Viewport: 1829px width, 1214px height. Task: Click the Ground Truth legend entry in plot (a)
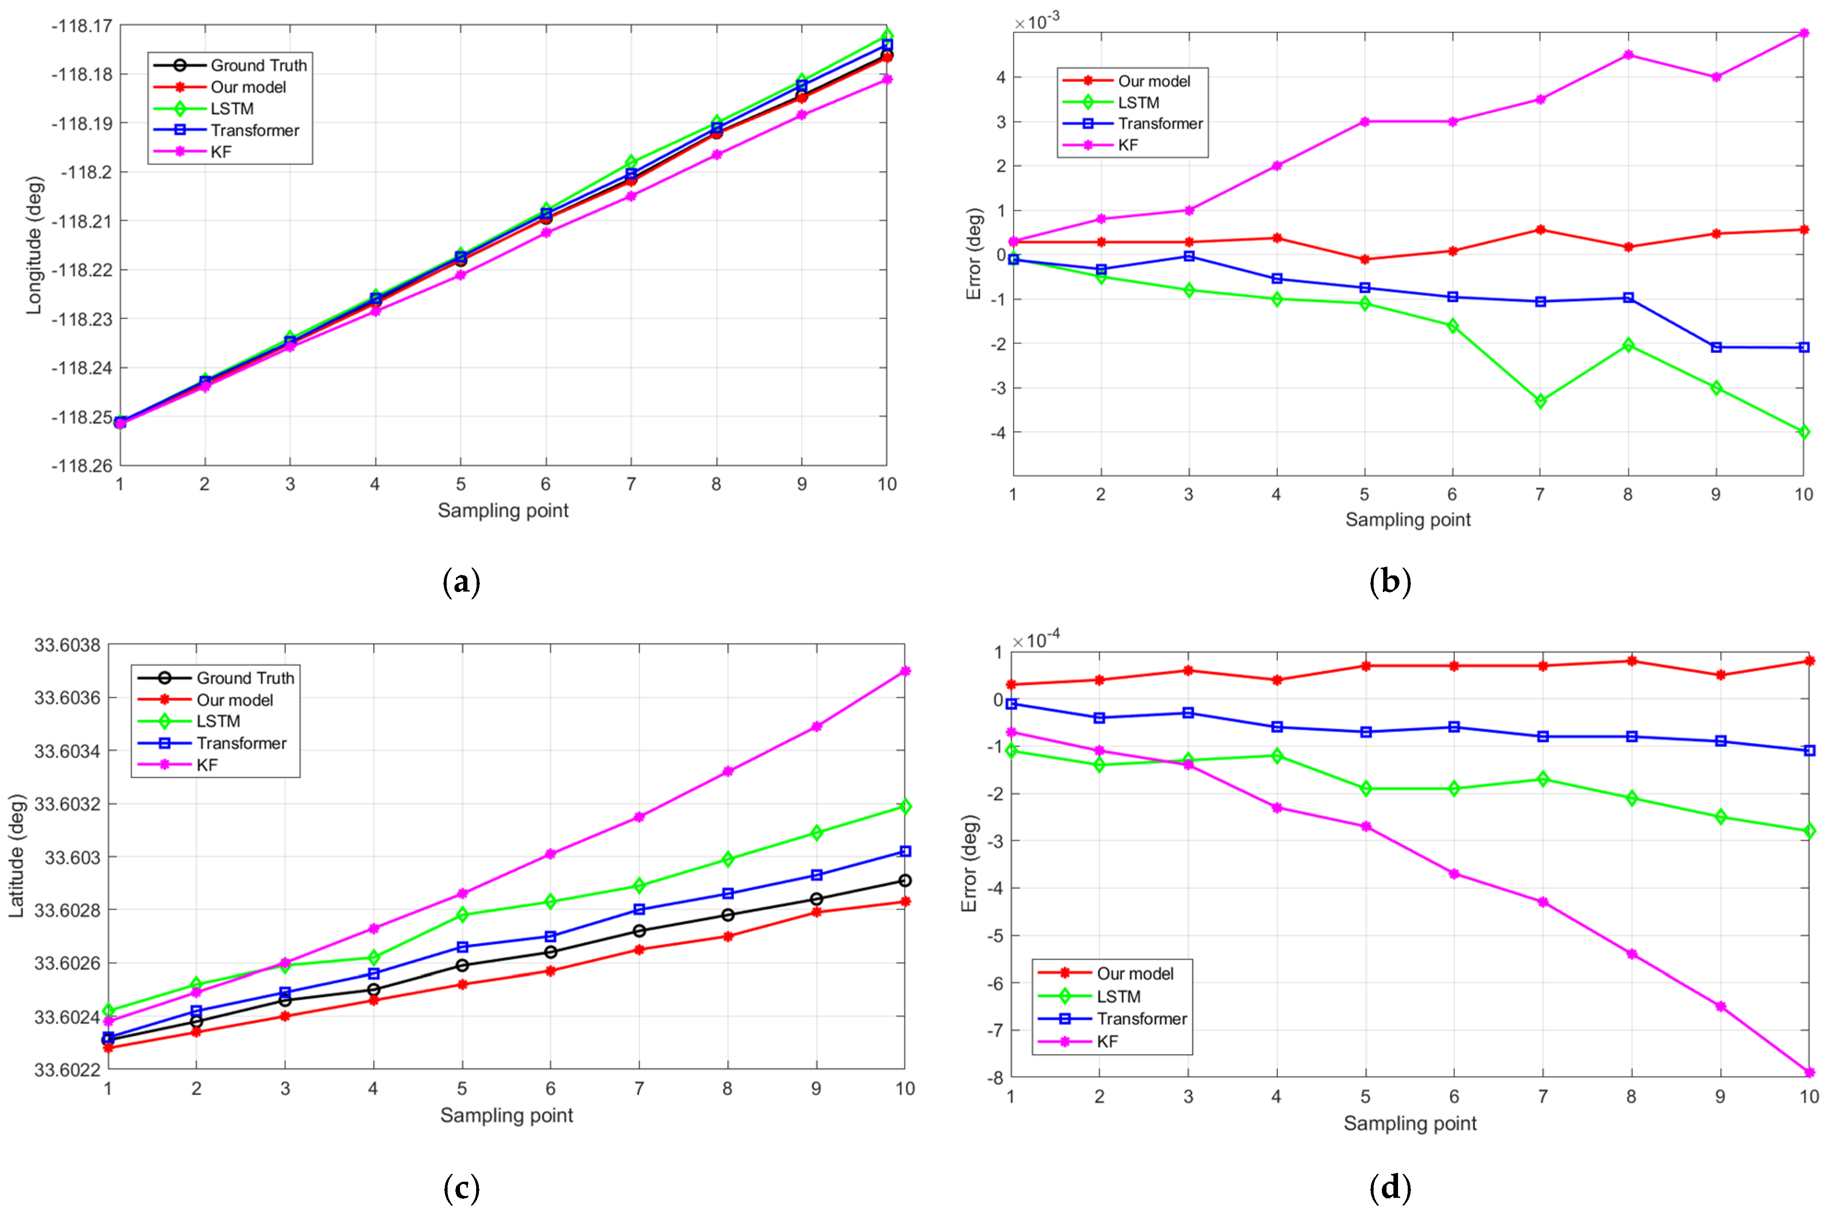coord(258,65)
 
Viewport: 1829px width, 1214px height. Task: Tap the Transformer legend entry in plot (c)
coord(241,743)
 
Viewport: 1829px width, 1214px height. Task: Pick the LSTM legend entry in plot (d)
coord(1118,996)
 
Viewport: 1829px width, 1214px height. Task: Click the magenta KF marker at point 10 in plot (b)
coord(1804,33)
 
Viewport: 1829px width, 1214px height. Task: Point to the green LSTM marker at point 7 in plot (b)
coord(1540,401)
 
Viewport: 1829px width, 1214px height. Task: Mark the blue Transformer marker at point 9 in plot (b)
coord(1716,347)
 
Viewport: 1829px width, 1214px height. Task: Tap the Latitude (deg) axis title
coord(17,856)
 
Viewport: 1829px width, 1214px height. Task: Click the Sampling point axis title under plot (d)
coord(1410,1124)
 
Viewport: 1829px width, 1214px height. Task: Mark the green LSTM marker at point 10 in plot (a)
coord(887,36)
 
